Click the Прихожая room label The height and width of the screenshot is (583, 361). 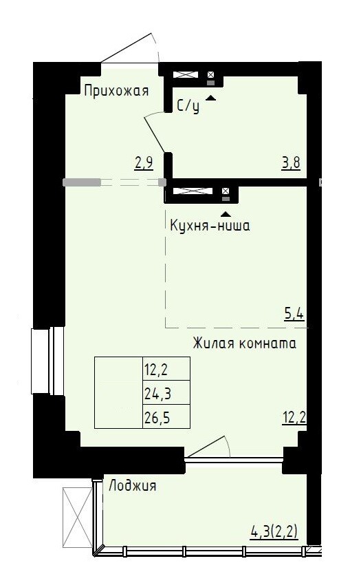(116, 91)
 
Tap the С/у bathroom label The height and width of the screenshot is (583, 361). (188, 106)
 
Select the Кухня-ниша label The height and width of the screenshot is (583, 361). (210, 225)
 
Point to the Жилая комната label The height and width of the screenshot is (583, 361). (244, 343)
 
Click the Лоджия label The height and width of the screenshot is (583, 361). (132, 485)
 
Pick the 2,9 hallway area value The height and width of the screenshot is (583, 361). (144, 163)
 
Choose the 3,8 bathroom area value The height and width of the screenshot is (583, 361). (291, 163)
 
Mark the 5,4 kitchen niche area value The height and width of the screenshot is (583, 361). (294, 315)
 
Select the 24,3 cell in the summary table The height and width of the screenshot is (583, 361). (157, 392)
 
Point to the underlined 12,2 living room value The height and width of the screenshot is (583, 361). (294, 418)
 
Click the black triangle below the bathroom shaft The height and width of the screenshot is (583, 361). (210, 98)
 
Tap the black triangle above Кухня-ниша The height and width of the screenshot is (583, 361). (225, 214)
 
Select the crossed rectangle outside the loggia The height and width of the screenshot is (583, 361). (77, 517)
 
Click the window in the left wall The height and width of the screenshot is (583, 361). (47, 360)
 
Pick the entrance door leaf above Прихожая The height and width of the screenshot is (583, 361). (127, 48)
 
